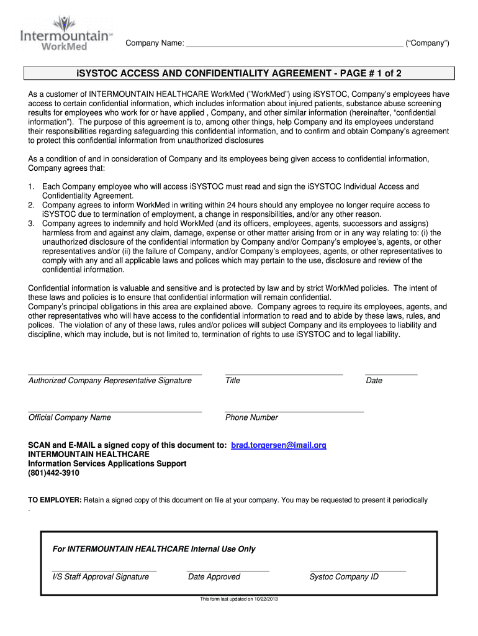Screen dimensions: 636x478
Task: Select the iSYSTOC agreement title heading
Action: pos(239,74)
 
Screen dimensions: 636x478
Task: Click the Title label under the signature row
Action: pos(233,381)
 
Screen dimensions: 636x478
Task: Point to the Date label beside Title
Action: pos(374,381)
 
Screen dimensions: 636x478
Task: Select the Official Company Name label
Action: pos(70,418)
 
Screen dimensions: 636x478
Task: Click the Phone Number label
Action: pos(251,418)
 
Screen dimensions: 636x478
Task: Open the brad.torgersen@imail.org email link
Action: pos(279,446)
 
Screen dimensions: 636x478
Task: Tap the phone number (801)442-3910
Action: pos(54,473)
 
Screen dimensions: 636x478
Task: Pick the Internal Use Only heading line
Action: pos(154,550)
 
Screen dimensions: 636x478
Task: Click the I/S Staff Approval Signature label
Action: pos(101,577)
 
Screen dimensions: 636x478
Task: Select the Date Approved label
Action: pos(214,577)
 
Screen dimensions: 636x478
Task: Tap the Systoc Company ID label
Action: pos(344,577)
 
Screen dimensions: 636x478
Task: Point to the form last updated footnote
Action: pos(239,599)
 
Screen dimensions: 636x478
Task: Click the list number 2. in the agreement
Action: pos(32,205)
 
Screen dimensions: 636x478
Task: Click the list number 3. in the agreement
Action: pos(32,224)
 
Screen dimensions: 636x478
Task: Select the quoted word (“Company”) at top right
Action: pos(427,43)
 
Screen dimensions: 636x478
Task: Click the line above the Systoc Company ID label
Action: pos(358,570)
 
